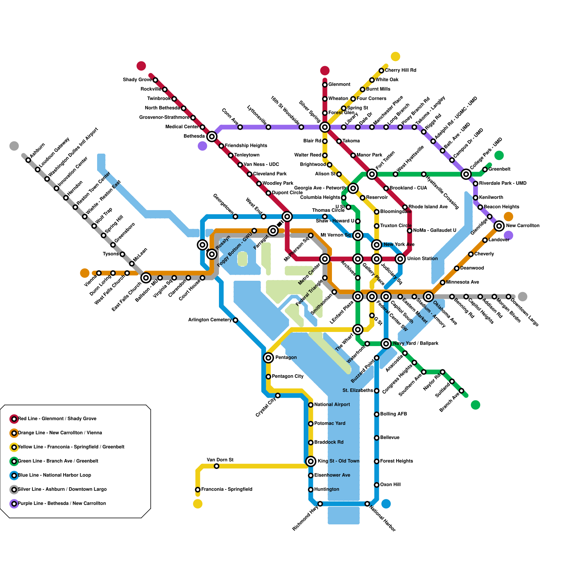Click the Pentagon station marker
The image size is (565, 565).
pyautogui.click(x=268, y=358)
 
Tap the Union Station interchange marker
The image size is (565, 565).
pyautogui.click(x=400, y=259)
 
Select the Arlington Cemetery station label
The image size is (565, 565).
pyautogui.click(x=210, y=320)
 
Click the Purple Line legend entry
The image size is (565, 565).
pyautogui.click(x=62, y=503)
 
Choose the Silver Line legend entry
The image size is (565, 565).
pyautogui.click(x=62, y=489)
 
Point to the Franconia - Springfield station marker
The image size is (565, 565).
pyautogui.click(x=198, y=489)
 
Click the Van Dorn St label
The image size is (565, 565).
pyautogui.click(x=220, y=460)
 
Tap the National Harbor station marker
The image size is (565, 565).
pyautogui.click(x=367, y=504)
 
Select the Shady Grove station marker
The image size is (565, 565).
pyautogui.click(x=155, y=80)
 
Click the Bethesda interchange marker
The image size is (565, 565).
pyautogui.click(x=212, y=136)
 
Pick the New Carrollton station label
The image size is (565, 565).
pyautogui.click(x=523, y=226)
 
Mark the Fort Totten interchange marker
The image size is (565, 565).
pyautogui.click(x=372, y=174)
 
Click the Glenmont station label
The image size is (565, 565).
pyautogui.click(x=339, y=84)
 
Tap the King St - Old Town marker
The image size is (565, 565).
pyautogui.click(x=311, y=461)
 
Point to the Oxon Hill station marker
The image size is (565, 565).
pyautogui.click(x=377, y=485)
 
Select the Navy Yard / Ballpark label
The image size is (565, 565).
pyautogui.click(x=416, y=343)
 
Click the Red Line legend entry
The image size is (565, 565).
pyautogui.click(x=57, y=418)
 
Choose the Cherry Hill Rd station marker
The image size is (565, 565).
pyautogui.click(x=381, y=71)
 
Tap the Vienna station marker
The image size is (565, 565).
pyautogui.click(x=99, y=273)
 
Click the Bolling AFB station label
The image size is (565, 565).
pyautogui.click(x=393, y=414)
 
